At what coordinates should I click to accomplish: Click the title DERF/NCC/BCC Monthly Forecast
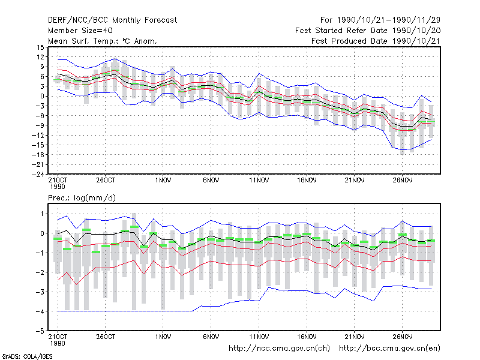click(112, 20)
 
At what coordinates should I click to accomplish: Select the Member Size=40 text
click(80, 31)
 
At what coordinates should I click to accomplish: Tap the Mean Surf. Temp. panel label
click(103, 41)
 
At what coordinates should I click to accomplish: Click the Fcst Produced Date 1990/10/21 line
click(376, 41)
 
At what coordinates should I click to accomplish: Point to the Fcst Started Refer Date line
click(368, 31)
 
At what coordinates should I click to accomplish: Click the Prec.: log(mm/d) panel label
click(82, 198)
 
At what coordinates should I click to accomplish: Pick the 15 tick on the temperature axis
click(40, 47)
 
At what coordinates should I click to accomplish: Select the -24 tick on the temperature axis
click(38, 175)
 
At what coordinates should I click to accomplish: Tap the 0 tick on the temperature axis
click(42, 96)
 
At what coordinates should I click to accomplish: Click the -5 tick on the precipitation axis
click(40, 331)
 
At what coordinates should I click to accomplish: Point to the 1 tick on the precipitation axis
click(42, 214)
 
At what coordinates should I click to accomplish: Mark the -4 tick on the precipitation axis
click(40, 311)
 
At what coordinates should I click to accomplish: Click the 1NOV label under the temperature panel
click(163, 181)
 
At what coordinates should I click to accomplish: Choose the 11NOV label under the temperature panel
click(259, 181)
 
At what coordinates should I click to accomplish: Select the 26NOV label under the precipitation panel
click(402, 337)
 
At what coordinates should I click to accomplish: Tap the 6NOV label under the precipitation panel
click(211, 337)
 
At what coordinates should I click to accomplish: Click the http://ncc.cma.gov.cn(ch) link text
click(279, 349)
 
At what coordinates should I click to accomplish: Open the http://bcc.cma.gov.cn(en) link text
click(389, 349)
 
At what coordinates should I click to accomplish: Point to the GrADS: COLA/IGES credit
click(27, 356)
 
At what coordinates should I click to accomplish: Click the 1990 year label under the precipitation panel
click(58, 343)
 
